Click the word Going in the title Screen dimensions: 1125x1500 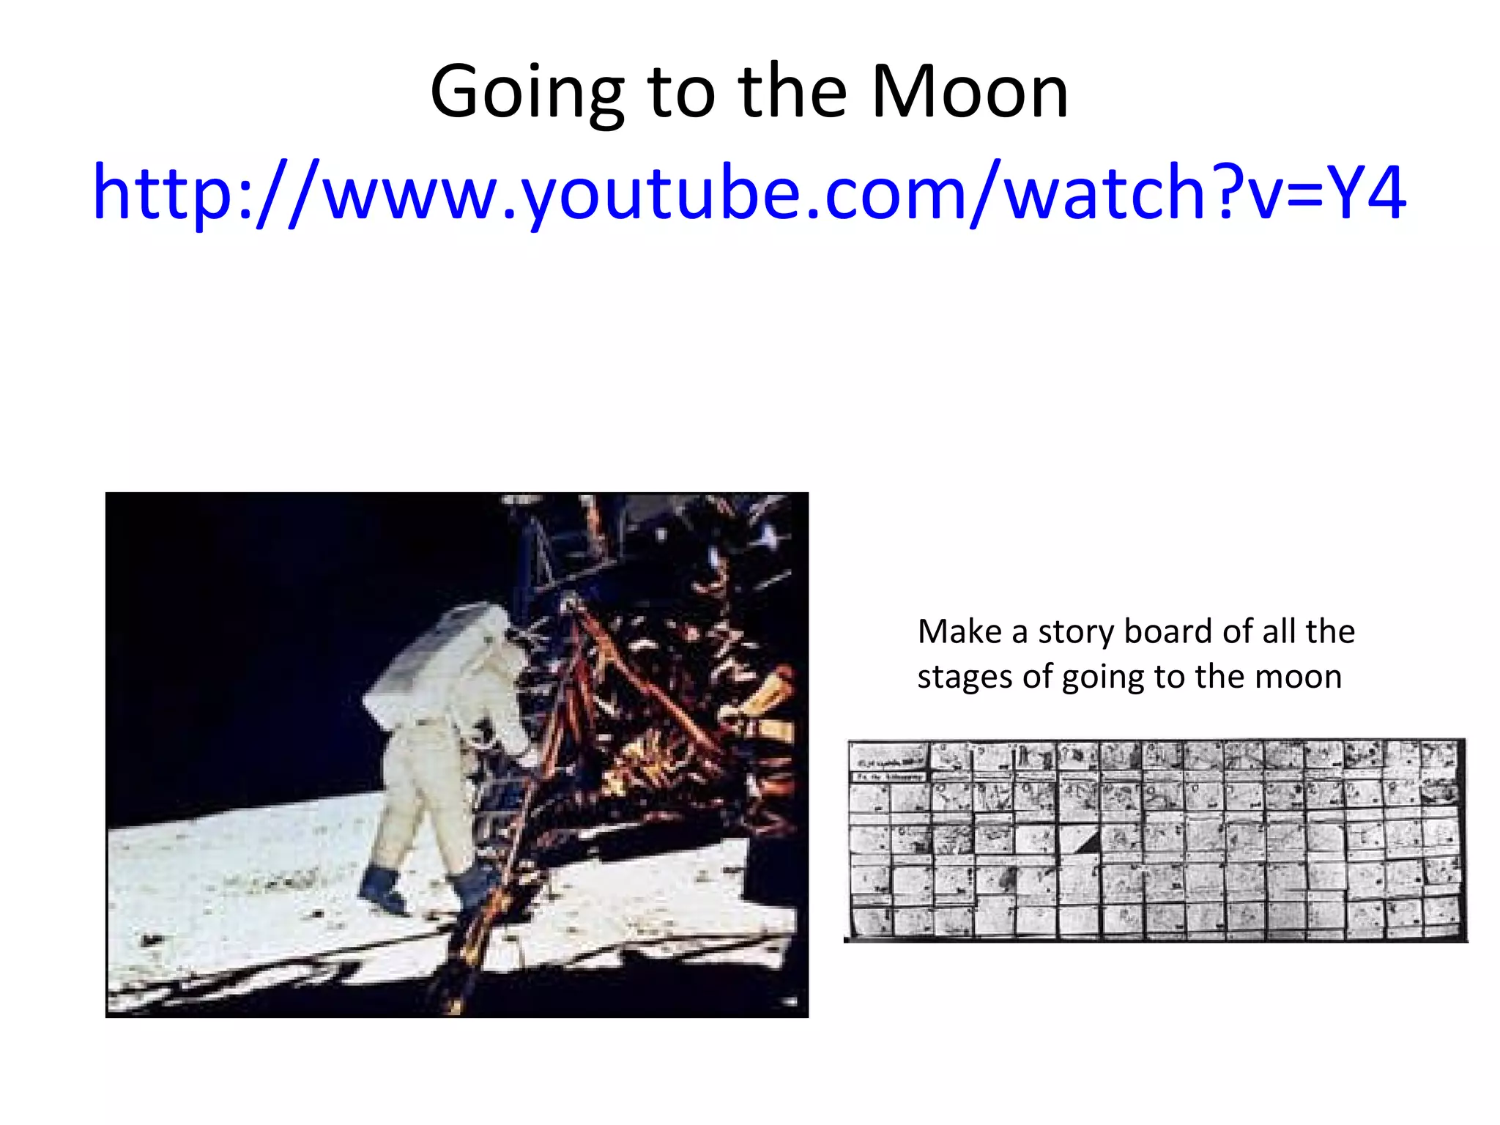click(527, 93)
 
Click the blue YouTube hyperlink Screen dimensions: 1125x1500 click(749, 193)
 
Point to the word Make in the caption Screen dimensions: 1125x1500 click(959, 631)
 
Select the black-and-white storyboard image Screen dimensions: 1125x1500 click(1156, 839)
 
